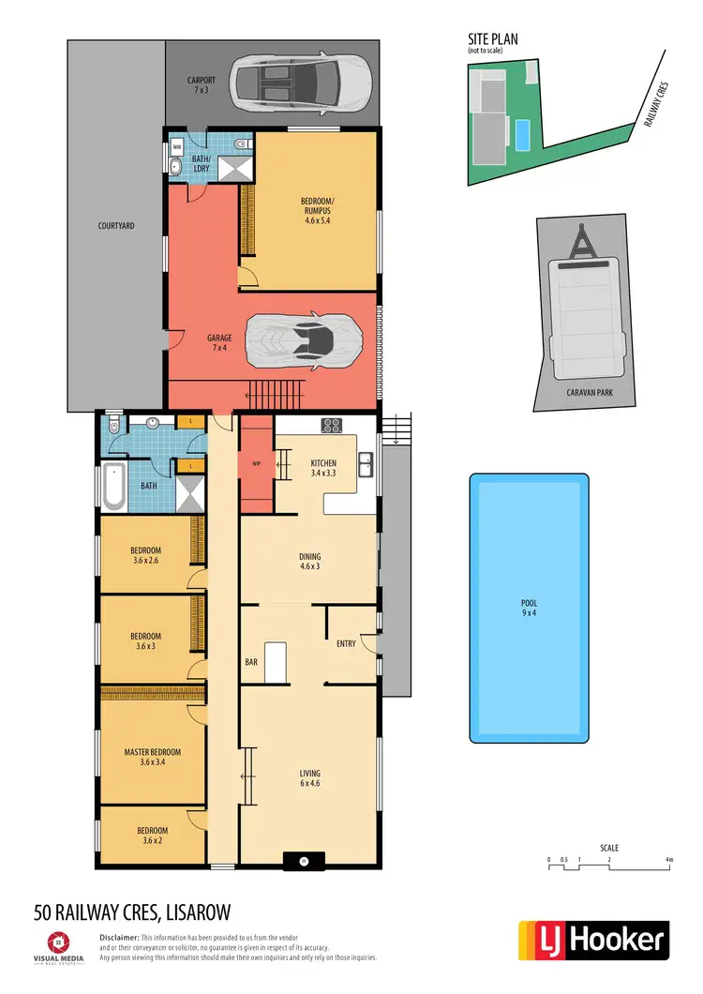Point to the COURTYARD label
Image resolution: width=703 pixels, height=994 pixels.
pos(116,226)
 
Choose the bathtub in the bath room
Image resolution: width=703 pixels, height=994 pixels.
pos(113,486)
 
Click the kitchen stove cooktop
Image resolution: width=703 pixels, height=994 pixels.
pos(331,426)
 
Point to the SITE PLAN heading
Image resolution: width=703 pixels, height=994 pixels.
pos(493,38)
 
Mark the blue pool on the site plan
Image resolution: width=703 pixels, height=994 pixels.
pos(521,135)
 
